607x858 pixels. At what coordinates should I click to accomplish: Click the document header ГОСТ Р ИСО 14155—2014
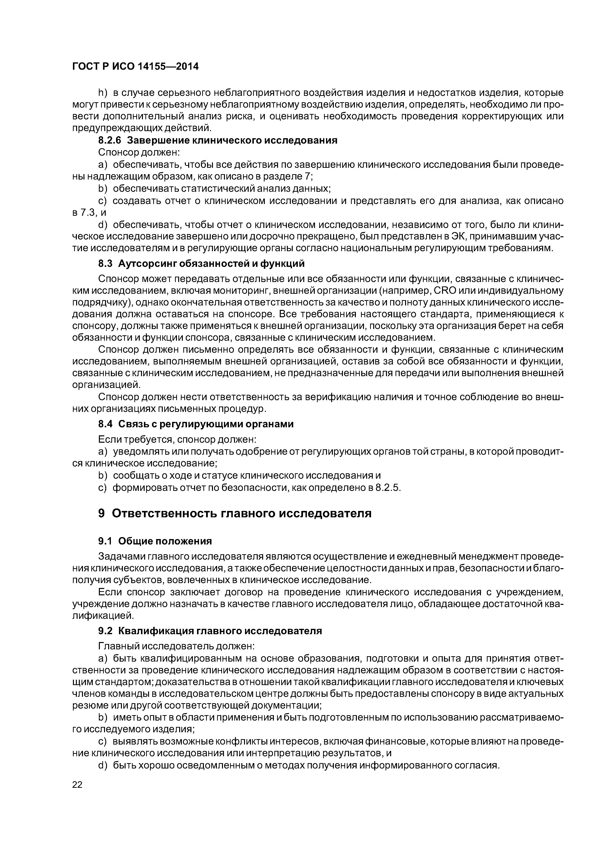click(x=135, y=67)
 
